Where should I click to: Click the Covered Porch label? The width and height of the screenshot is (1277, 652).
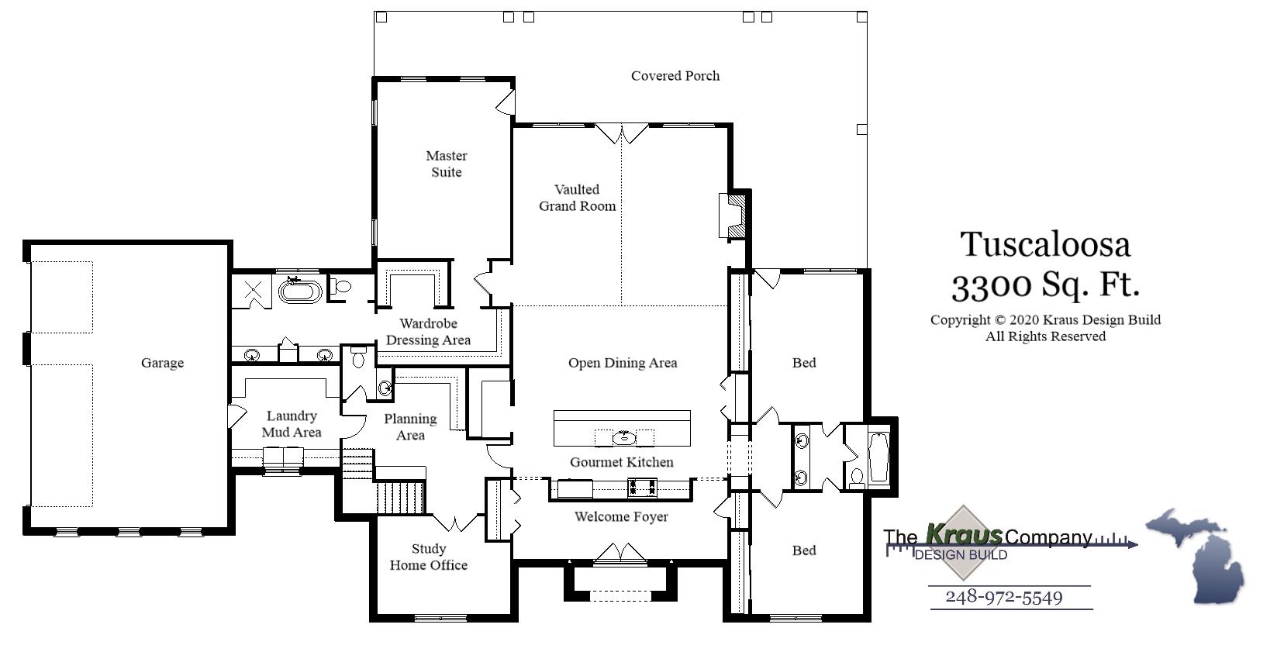click(x=675, y=76)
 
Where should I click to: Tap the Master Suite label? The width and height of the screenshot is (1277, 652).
click(x=446, y=164)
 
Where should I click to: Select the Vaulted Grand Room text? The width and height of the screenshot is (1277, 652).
click(x=577, y=198)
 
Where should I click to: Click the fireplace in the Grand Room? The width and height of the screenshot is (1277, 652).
click(x=733, y=215)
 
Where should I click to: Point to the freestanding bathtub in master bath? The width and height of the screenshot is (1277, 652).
click(x=300, y=292)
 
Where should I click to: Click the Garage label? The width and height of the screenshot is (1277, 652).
click(x=162, y=363)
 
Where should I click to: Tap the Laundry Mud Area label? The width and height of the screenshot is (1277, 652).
click(x=291, y=424)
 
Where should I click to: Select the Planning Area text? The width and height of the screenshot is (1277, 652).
click(x=410, y=426)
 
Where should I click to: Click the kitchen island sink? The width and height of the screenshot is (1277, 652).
click(x=623, y=438)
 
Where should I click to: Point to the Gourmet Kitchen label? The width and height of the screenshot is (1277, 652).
click(x=621, y=462)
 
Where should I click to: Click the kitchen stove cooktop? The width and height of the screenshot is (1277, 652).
click(x=641, y=488)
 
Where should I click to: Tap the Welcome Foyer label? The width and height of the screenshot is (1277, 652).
click(x=620, y=516)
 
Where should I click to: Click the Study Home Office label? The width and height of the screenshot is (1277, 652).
click(x=428, y=557)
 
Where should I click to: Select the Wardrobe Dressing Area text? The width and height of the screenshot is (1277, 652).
click(x=428, y=332)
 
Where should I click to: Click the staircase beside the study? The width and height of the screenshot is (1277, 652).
click(x=400, y=496)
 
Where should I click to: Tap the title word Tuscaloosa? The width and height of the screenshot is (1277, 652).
click(x=1044, y=245)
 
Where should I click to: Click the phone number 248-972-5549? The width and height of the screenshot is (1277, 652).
click(x=1003, y=597)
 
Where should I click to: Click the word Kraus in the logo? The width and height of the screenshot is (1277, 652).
click(x=964, y=534)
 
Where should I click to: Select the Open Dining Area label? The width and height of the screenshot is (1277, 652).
click(x=622, y=363)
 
